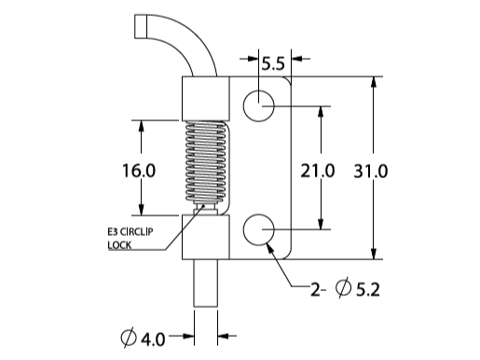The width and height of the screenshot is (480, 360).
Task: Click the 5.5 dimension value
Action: pos(273,63)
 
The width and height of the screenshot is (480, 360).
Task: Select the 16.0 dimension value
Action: pos(139,171)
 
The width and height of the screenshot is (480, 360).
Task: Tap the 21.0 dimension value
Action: pos(318,171)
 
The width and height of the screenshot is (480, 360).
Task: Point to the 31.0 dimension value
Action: pos(371,171)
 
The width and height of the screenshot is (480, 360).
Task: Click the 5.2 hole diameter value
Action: pos(368,290)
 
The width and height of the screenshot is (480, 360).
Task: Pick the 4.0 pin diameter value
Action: pos(153,339)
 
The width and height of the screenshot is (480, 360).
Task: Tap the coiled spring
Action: pos(206,161)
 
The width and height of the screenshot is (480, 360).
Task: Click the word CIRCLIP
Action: pos(137,232)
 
